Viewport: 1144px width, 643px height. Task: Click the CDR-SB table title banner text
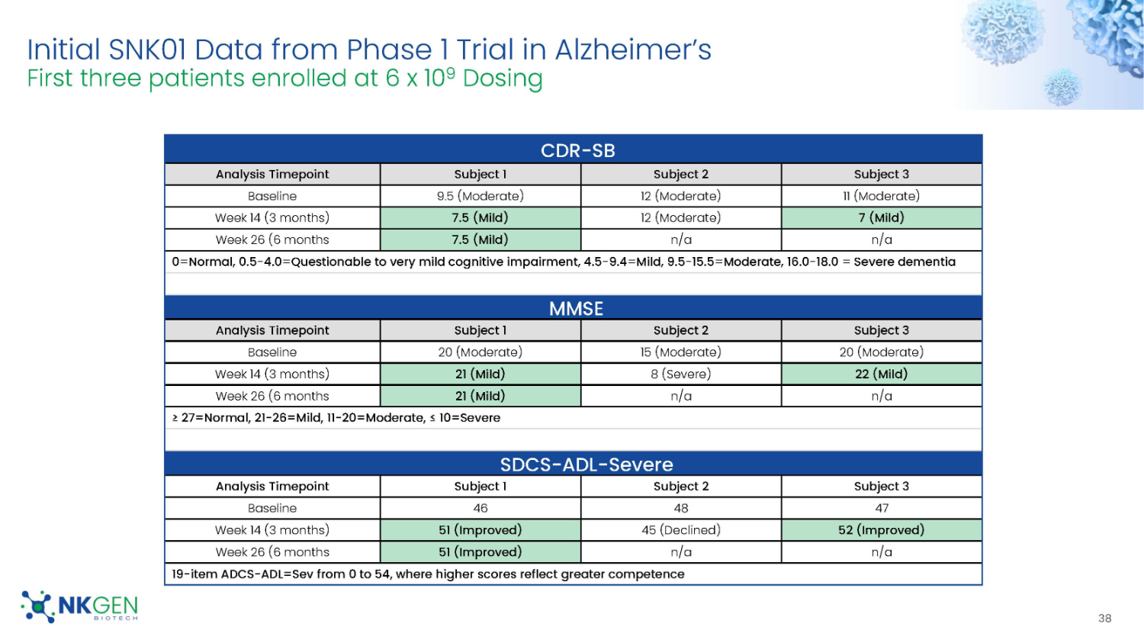tap(577, 150)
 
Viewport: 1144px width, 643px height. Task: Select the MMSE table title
tap(576, 308)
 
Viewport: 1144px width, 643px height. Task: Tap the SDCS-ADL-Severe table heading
tap(586, 465)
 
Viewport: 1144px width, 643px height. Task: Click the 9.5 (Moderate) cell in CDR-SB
tap(480, 196)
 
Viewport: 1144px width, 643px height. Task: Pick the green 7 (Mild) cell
tap(881, 217)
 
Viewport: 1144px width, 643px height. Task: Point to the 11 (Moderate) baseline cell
tap(881, 196)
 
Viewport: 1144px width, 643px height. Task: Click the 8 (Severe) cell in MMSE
tap(680, 374)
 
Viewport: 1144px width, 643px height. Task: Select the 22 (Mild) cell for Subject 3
tap(881, 374)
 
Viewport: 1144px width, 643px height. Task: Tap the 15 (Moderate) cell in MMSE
tap(680, 352)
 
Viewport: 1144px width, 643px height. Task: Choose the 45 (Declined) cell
tap(680, 530)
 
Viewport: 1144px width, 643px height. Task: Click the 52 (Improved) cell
tap(881, 530)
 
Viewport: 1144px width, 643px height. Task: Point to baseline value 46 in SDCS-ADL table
tap(480, 508)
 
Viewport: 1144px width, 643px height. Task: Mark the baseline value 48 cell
tap(680, 508)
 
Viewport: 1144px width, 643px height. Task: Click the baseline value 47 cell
tap(881, 508)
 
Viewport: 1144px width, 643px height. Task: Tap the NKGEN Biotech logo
tap(80, 607)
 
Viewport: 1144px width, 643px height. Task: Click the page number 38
tap(1104, 619)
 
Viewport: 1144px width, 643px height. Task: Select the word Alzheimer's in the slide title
tap(633, 50)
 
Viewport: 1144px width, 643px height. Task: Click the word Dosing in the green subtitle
tap(503, 79)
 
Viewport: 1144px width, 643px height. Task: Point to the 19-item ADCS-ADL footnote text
tap(428, 574)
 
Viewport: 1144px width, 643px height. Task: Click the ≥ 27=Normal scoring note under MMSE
tap(336, 418)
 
